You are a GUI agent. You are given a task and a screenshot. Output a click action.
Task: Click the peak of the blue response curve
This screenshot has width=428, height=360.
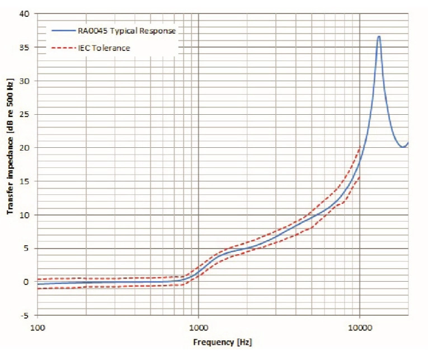[x=379, y=36]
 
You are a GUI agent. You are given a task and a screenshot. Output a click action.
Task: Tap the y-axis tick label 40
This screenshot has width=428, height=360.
[x=24, y=13]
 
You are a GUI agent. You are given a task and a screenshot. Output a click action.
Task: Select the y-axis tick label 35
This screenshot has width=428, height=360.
[x=24, y=48]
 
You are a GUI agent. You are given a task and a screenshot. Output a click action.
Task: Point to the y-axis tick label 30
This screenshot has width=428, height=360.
[x=24, y=81]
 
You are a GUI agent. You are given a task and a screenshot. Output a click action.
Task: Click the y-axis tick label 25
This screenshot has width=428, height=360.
[x=24, y=114]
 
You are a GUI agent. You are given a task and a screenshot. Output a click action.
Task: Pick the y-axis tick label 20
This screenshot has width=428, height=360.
[x=24, y=148]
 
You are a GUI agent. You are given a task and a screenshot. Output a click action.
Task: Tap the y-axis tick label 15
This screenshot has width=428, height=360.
[x=24, y=181]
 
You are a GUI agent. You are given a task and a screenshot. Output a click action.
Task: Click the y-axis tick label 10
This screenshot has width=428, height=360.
[x=24, y=215]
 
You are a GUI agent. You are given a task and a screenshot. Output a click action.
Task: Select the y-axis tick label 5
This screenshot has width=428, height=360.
[x=26, y=249]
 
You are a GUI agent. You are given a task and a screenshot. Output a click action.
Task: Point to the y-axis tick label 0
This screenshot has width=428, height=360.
[x=26, y=282]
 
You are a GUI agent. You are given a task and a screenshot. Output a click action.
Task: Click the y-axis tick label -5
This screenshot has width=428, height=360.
[x=25, y=316]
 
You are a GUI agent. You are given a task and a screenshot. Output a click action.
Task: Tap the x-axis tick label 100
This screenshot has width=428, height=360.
[x=37, y=328]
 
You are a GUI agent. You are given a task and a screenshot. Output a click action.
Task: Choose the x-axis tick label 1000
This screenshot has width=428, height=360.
[x=199, y=328]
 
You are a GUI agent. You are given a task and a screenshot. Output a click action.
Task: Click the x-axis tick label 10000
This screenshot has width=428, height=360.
[x=360, y=328]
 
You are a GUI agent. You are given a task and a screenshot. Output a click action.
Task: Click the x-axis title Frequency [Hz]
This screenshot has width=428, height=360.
[x=223, y=342]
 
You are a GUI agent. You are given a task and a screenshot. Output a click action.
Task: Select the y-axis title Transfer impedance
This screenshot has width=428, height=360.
[x=10, y=176]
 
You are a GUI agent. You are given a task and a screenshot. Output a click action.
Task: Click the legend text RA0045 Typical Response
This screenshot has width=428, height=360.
[x=126, y=31]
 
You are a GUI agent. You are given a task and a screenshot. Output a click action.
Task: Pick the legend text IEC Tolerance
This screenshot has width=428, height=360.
[x=104, y=48]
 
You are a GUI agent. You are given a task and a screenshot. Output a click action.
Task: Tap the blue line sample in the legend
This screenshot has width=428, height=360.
[x=63, y=31]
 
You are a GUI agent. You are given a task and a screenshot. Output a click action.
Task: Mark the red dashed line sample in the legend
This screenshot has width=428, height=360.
[x=63, y=48]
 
